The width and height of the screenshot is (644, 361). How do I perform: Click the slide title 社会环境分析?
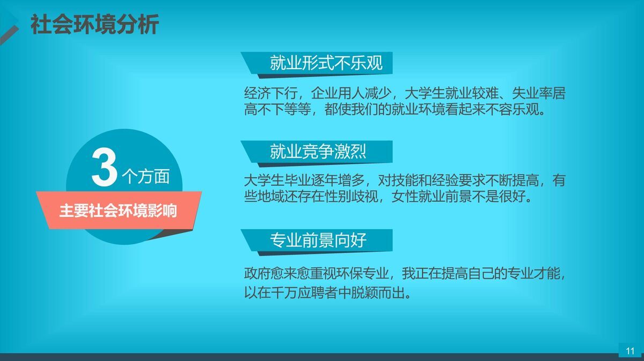94,25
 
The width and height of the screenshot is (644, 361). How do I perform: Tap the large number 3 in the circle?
105,168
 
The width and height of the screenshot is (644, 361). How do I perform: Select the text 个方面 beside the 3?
147,176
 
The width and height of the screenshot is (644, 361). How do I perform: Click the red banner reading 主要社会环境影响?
118,210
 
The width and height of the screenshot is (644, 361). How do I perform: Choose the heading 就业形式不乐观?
326,63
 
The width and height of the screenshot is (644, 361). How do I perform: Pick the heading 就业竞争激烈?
318,152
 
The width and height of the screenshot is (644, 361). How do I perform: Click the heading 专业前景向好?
318,240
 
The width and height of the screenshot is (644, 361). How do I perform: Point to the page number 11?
630,351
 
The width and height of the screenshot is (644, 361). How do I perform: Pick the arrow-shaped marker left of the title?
10,25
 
